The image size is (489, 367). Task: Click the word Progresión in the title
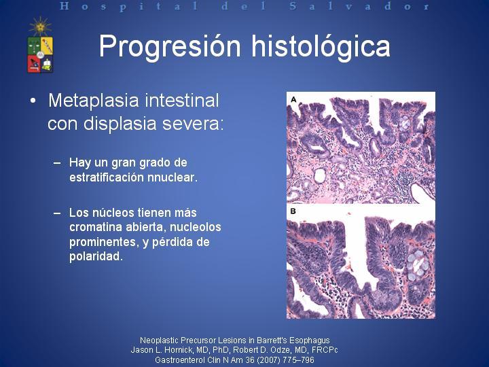point(170,47)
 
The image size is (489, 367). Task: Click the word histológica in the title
point(321,47)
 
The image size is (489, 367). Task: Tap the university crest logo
point(41,46)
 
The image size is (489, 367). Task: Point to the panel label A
point(293,99)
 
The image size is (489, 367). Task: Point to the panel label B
point(293,211)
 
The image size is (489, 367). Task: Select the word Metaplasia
point(94,101)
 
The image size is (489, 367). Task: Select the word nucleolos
point(196,227)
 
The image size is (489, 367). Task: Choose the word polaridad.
point(96,256)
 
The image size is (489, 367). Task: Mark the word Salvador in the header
point(359,6)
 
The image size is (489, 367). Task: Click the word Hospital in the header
point(129,6)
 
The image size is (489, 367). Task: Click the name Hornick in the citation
point(179,350)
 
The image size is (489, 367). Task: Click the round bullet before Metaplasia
point(33,101)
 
